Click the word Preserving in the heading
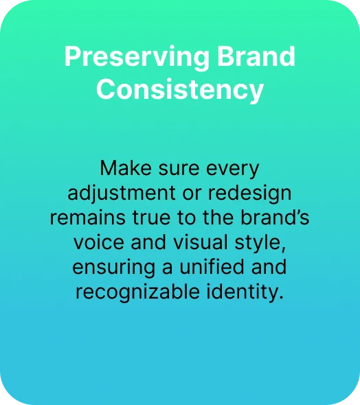(137, 58)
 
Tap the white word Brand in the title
(256, 56)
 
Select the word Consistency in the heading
(180, 90)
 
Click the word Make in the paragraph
(126, 168)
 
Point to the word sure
(179, 170)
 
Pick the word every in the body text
(232, 171)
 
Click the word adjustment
(122, 194)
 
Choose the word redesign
(249, 194)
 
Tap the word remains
(88, 218)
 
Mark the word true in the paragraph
(151, 218)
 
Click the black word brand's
(275, 217)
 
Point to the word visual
(201, 242)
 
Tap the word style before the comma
(258, 243)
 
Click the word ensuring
(113, 268)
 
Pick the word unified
(212, 267)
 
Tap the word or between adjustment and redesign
(192, 194)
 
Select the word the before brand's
(218, 218)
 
